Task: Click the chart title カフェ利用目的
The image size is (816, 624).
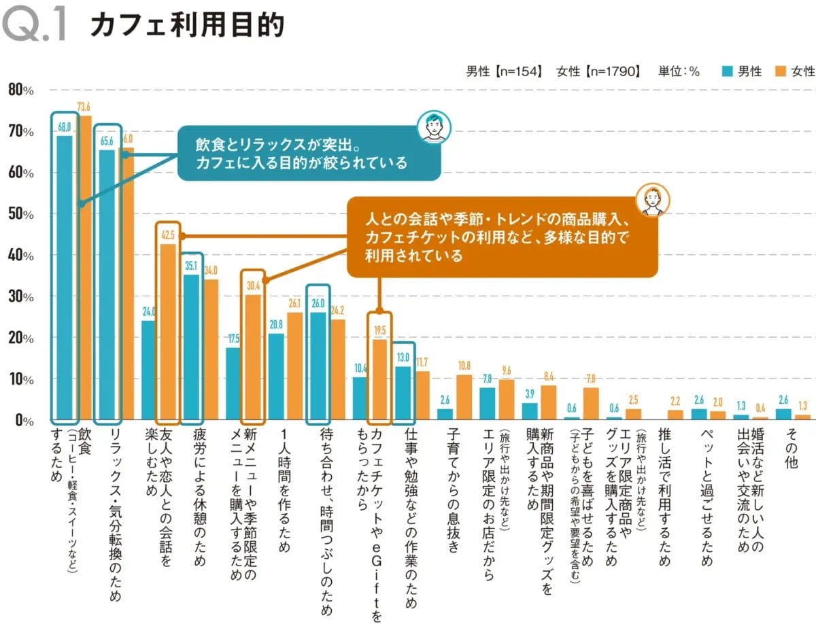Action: click(187, 26)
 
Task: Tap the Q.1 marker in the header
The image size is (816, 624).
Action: click(35, 26)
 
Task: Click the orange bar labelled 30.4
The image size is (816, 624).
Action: click(252, 356)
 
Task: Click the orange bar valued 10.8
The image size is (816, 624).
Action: click(464, 397)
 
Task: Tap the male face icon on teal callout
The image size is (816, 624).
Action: click(433, 126)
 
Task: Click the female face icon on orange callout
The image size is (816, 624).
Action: click(653, 200)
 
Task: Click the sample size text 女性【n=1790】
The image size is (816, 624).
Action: click(598, 71)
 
